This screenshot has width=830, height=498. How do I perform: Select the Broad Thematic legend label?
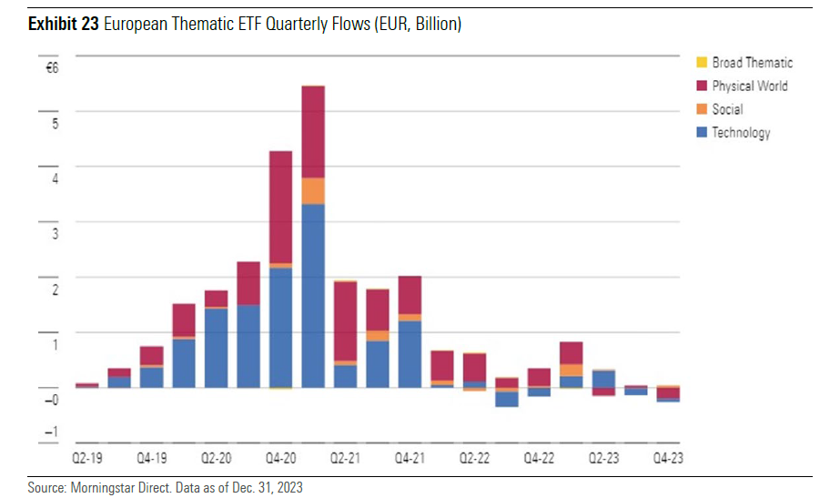(x=752, y=63)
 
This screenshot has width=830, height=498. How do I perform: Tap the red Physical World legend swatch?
(x=701, y=86)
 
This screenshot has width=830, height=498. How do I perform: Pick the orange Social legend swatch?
(x=701, y=109)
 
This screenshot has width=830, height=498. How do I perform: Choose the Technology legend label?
(x=741, y=133)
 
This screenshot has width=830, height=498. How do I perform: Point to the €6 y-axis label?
(x=52, y=68)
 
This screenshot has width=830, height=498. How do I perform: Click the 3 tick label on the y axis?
(x=54, y=234)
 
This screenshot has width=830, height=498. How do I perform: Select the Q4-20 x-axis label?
(x=280, y=458)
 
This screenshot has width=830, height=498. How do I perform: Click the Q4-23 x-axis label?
(x=668, y=458)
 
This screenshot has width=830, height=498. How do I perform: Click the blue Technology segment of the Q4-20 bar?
(x=280, y=328)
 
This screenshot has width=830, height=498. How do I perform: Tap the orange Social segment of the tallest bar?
(x=313, y=190)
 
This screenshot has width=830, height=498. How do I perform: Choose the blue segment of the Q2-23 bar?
(x=603, y=379)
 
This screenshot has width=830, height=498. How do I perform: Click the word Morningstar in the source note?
(x=101, y=488)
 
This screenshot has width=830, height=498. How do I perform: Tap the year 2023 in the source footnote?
(x=288, y=488)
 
